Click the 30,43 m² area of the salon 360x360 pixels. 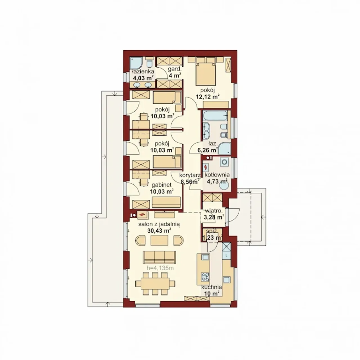tap(159, 231)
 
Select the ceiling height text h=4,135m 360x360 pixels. tap(160, 268)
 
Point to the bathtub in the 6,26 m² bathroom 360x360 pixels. tap(215, 116)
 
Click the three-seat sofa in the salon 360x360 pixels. tap(159, 257)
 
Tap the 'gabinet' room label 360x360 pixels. tap(161, 185)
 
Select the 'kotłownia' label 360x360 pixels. tap(217, 175)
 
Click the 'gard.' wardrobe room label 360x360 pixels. tap(175, 69)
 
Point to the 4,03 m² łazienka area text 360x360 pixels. tap(143, 78)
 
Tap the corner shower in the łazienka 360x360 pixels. tap(137, 64)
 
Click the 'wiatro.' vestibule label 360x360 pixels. tap(214, 211)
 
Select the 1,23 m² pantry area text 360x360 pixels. tap(212, 238)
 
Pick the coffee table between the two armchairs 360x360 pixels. tap(159, 240)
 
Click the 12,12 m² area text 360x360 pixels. tap(207, 96)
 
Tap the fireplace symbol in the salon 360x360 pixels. tap(143, 215)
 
